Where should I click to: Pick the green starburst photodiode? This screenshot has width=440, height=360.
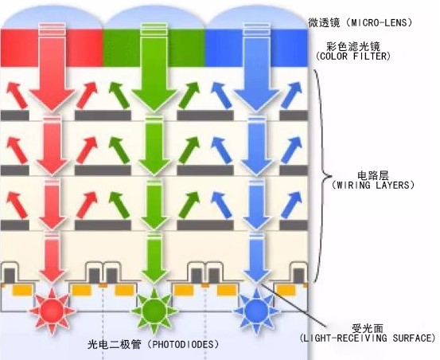[152, 307]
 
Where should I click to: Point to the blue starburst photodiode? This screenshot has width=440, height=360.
[255, 307]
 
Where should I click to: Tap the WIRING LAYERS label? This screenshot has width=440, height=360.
[372, 184]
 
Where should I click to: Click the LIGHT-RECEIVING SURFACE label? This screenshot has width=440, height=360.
[367, 338]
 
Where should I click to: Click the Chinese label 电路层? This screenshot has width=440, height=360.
[372, 173]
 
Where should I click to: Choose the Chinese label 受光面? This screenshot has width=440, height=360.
[367, 327]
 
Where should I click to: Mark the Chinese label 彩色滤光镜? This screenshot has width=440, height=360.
[350, 46]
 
